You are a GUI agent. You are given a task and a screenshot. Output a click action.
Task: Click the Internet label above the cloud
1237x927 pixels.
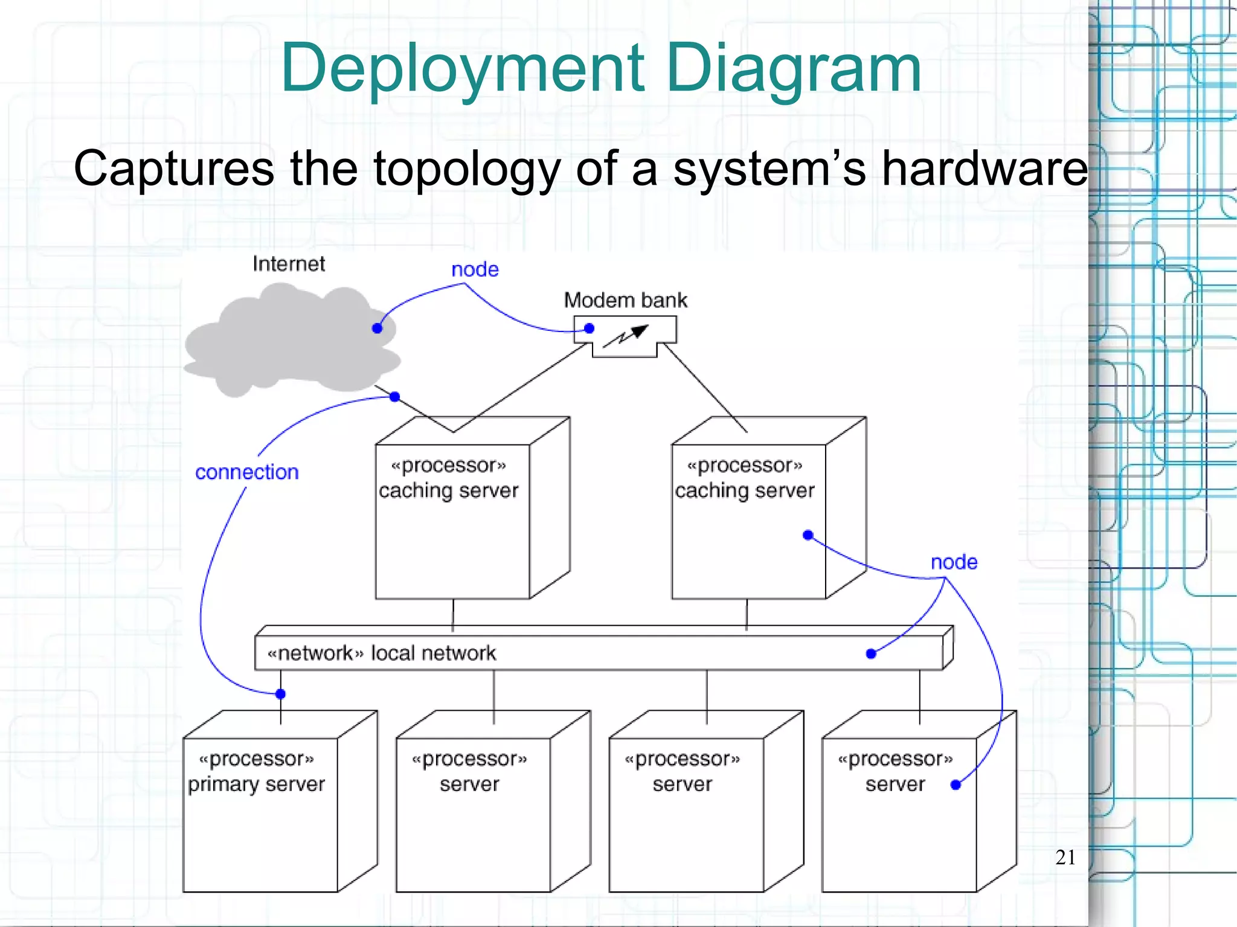coord(289,264)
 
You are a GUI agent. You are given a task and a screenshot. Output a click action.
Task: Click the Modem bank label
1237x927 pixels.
coord(625,300)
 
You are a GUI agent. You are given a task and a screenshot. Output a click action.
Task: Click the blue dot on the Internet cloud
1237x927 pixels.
coord(377,329)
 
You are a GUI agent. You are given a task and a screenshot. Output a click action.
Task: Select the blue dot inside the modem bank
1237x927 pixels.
coord(589,329)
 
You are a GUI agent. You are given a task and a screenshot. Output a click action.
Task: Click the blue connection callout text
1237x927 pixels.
coord(246,472)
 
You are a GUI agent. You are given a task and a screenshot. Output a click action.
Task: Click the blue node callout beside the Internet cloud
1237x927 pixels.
coord(475,269)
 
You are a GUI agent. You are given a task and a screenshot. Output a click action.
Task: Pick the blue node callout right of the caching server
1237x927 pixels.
coord(954,562)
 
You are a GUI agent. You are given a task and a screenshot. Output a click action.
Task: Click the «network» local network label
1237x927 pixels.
coord(381,653)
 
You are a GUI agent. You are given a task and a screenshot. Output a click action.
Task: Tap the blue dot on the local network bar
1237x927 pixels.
coord(871,654)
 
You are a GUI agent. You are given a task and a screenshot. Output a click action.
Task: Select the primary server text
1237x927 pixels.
coord(256,784)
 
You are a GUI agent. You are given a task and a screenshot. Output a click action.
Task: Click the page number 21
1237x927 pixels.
coord(1065,857)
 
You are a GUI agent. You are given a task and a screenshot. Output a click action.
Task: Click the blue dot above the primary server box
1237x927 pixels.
coord(280,694)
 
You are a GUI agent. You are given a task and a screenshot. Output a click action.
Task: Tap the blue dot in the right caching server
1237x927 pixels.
coord(808,535)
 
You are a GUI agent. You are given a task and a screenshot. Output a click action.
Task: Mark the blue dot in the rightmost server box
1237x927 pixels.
coord(956,785)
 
